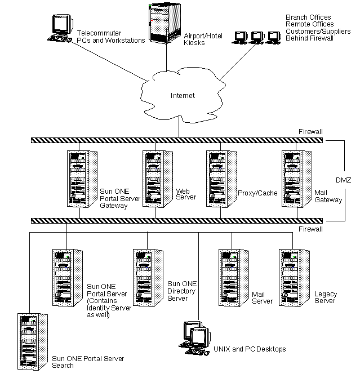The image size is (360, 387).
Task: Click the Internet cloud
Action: coord(179,93)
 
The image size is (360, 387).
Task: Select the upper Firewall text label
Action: coord(310,132)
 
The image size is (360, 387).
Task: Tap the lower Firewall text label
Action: coord(310,229)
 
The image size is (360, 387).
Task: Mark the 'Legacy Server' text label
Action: coord(325,297)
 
